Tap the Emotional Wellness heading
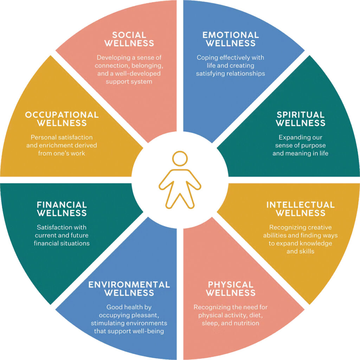230,39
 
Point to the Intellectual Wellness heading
300,209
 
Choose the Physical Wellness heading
230,288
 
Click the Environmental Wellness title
129,288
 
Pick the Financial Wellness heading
62,209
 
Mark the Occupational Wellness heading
62,119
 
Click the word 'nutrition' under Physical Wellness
245,323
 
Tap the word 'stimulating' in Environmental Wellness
107,323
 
